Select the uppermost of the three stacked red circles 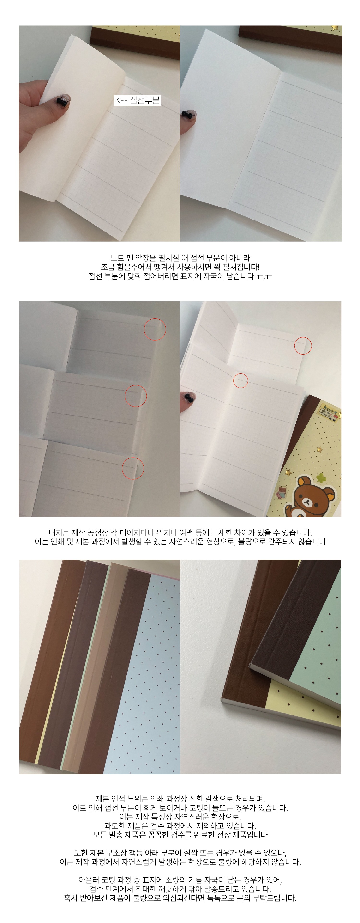pyautogui.click(x=155, y=329)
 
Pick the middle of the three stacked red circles pyautogui.click(x=136, y=396)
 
